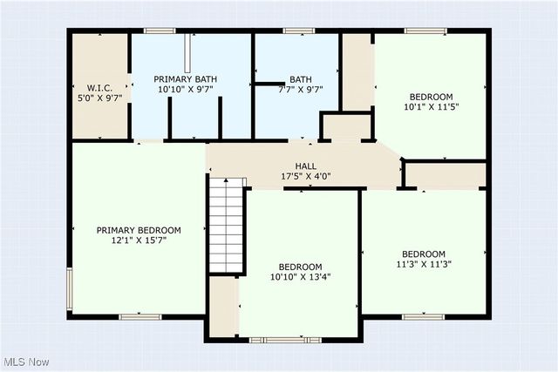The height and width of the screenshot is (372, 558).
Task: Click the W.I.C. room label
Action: pyautogui.click(x=99, y=86)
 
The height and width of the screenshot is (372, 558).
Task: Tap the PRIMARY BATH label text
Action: pyautogui.click(x=186, y=78)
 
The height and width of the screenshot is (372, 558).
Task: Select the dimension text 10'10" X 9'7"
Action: pyautogui.click(x=186, y=89)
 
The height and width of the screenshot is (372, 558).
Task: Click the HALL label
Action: pyautogui.click(x=305, y=166)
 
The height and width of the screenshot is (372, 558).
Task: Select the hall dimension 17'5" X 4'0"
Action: pyautogui.click(x=305, y=176)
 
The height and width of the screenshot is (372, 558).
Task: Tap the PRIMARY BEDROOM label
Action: pyautogui.click(x=139, y=230)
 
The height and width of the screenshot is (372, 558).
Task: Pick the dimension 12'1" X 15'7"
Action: pyautogui.click(x=139, y=240)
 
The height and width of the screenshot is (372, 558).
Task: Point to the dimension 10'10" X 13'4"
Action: pyautogui.click(x=300, y=277)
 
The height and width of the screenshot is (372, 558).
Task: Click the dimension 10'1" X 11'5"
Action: pyautogui.click(x=431, y=106)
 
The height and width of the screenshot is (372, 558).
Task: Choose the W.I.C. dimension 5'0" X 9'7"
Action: pyautogui.click(x=99, y=97)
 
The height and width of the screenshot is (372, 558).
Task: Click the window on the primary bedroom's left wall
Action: pyautogui.click(x=70, y=289)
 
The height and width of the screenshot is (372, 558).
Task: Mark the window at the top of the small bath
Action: pyautogui.click(x=299, y=31)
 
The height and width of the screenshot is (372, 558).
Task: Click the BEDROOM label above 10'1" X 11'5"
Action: pyautogui.click(x=431, y=96)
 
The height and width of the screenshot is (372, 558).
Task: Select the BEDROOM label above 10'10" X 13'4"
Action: pyautogui.click(x=300, y=267)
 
